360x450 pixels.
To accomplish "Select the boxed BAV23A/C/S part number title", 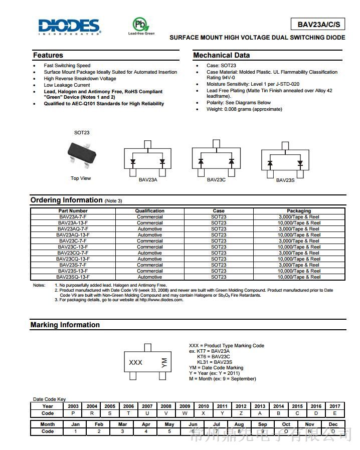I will click(318, 24).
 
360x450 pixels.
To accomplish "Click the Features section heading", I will click(48, 55).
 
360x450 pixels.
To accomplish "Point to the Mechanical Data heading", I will click(221, 55).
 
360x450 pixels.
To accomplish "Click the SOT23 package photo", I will click(82, 153).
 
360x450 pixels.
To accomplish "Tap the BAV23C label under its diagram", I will click(216, 179).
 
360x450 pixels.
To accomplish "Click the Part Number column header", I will click(73, 211).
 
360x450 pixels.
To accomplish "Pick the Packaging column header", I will click(299, 211).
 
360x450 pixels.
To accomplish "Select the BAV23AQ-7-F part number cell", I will click(73, 229).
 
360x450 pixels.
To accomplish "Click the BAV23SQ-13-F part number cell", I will click(73, 277).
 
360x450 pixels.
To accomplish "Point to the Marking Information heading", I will click(65, 325).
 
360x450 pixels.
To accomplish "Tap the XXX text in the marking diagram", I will click(135, 362).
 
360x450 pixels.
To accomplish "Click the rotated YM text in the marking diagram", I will click(163, 363).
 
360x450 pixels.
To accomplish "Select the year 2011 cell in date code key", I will click(222, 406).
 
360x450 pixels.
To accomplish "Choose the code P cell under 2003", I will click(73, 413).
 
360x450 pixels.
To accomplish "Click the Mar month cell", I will click(122, 424).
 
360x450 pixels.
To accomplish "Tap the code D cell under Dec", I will click(333, 431).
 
